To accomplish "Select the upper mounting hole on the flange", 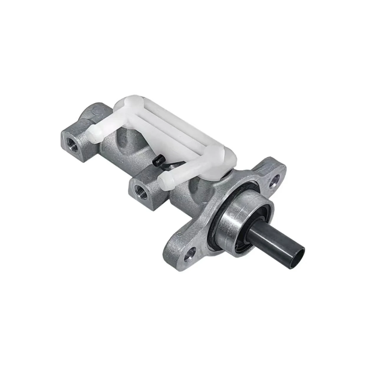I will [x=275, y=180].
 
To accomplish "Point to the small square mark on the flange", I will [x=179, y=235].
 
